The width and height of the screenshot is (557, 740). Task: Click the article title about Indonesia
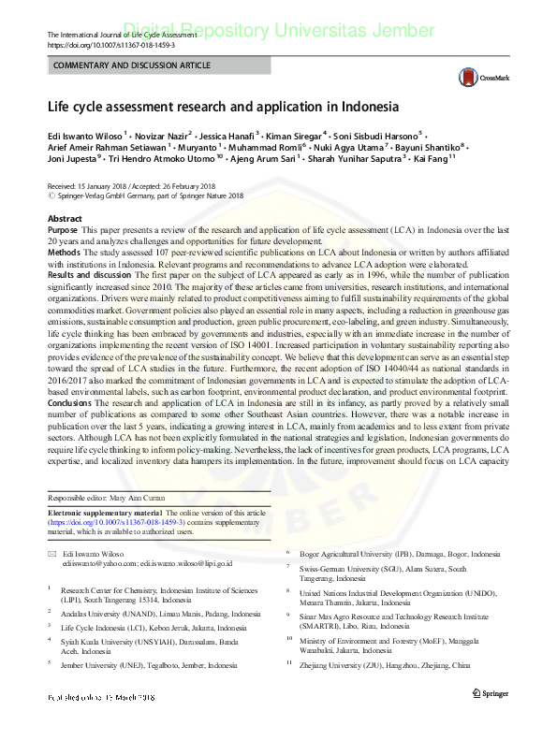[223, 107]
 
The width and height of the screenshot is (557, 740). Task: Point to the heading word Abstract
[65, 218]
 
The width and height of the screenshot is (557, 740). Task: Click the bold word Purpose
[63, 229]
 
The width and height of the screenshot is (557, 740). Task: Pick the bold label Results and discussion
[89, 272]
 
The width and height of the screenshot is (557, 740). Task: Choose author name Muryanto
[199, 147]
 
